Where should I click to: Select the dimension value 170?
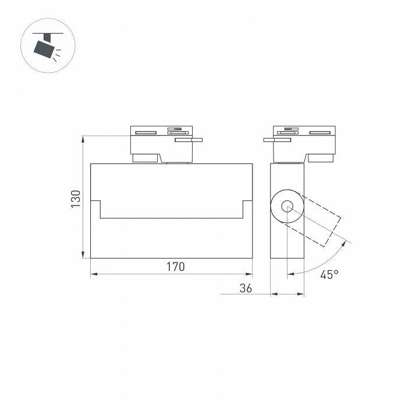pos(175,267)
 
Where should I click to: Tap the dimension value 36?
pos(246,287)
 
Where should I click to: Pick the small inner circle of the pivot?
pos(287,206)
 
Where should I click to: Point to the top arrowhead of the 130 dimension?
pos(84,139)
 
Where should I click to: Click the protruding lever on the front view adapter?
pos(189,140)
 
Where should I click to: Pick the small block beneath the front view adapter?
pos(145,158)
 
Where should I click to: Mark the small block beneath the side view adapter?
pos(321,158)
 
